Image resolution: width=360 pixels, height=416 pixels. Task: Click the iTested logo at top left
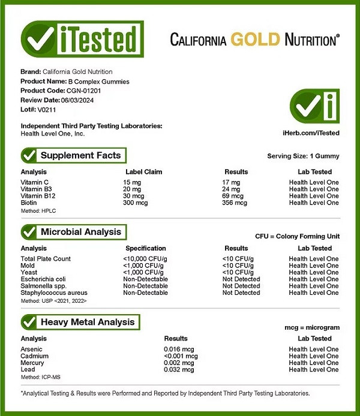coord(82,40)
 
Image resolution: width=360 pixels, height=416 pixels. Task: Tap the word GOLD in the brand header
coord(256,40)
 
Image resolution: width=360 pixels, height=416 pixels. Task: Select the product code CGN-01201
coord(85,91)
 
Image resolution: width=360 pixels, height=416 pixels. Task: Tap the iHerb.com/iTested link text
coord(310,132)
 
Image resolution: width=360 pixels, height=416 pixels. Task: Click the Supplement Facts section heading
coord(80,155)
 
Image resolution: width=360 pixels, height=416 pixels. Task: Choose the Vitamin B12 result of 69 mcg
coord(233,196)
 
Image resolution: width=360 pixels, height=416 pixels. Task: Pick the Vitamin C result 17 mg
coord(231,182)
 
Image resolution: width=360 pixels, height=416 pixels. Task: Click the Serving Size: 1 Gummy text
coord(303,156)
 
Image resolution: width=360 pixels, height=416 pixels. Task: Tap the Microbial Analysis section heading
coord(80,232)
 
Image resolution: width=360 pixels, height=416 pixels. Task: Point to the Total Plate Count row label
coord(46,259)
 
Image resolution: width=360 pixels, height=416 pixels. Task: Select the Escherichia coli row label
coord(43,279)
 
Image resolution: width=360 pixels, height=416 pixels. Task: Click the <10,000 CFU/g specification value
coord(146,259)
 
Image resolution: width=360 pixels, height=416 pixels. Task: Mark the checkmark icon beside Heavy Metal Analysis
coord(29,322)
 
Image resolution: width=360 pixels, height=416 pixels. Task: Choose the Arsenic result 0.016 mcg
coord(179,349)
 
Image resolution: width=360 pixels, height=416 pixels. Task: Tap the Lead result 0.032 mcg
coord(179,370)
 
